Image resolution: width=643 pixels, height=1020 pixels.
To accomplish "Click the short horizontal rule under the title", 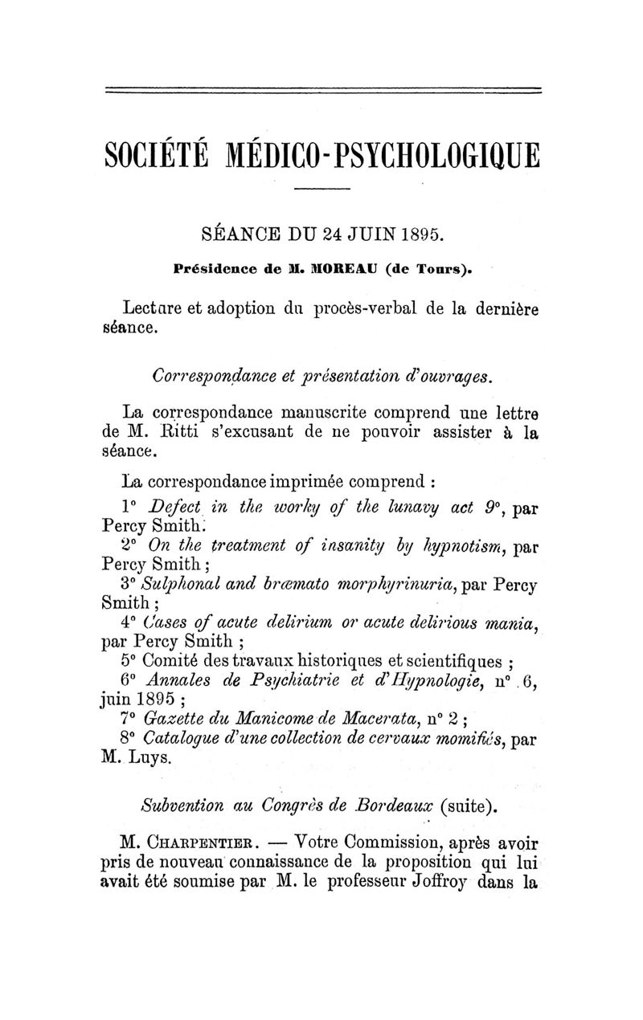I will point(322,189).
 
